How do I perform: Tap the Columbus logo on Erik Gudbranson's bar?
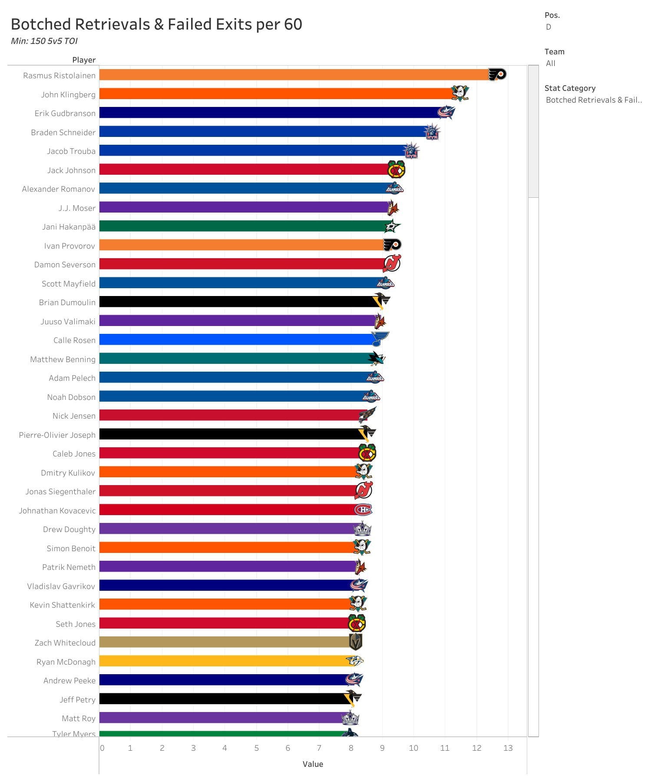tap(446, 112)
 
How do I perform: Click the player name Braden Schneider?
tap(63, 132)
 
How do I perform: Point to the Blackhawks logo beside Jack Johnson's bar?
tap(396, 170)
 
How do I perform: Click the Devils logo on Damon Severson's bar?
tap(392, 263)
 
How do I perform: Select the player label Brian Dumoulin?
tap(67, 302)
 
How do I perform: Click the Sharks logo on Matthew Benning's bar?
tap(376, 358)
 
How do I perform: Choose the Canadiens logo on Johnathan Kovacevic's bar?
tap(363, 509)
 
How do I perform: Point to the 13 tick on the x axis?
tap(508, 748)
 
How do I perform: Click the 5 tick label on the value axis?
tap(256, 748)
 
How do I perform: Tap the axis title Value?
tap(313, 764)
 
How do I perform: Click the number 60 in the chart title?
tap(293, 24)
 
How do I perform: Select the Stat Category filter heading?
tap(570, 88)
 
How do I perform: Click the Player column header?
tap(84, 60)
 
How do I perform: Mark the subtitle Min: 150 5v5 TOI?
tap(44, 41)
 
